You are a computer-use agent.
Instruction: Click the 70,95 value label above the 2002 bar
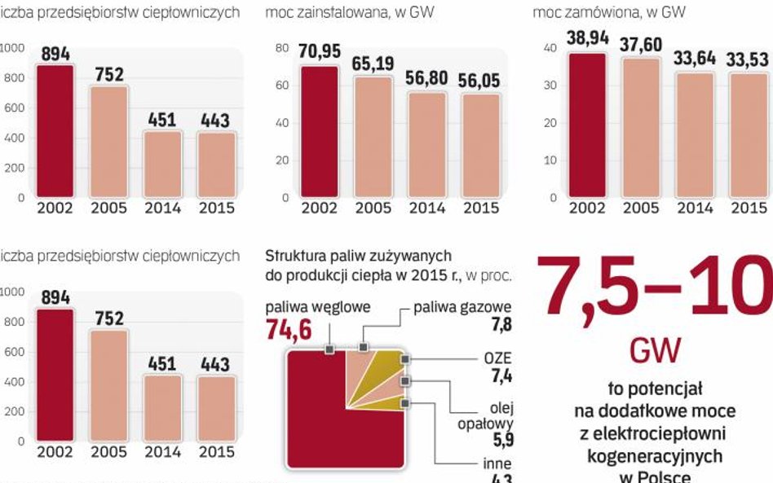click(x=319, y=53)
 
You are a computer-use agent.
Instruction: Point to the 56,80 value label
click(x=426, y=80)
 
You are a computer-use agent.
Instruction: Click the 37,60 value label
click(x=641, y=44)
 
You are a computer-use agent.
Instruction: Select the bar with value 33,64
click(x=694, y=134)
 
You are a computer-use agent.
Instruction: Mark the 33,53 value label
click(x=748, y=60)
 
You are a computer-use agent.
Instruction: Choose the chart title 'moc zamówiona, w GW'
click(x=608, y=12)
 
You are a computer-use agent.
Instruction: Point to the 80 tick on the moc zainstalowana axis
click(x=282, y=48)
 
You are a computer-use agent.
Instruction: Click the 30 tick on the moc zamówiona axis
click(x=550, y=86)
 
